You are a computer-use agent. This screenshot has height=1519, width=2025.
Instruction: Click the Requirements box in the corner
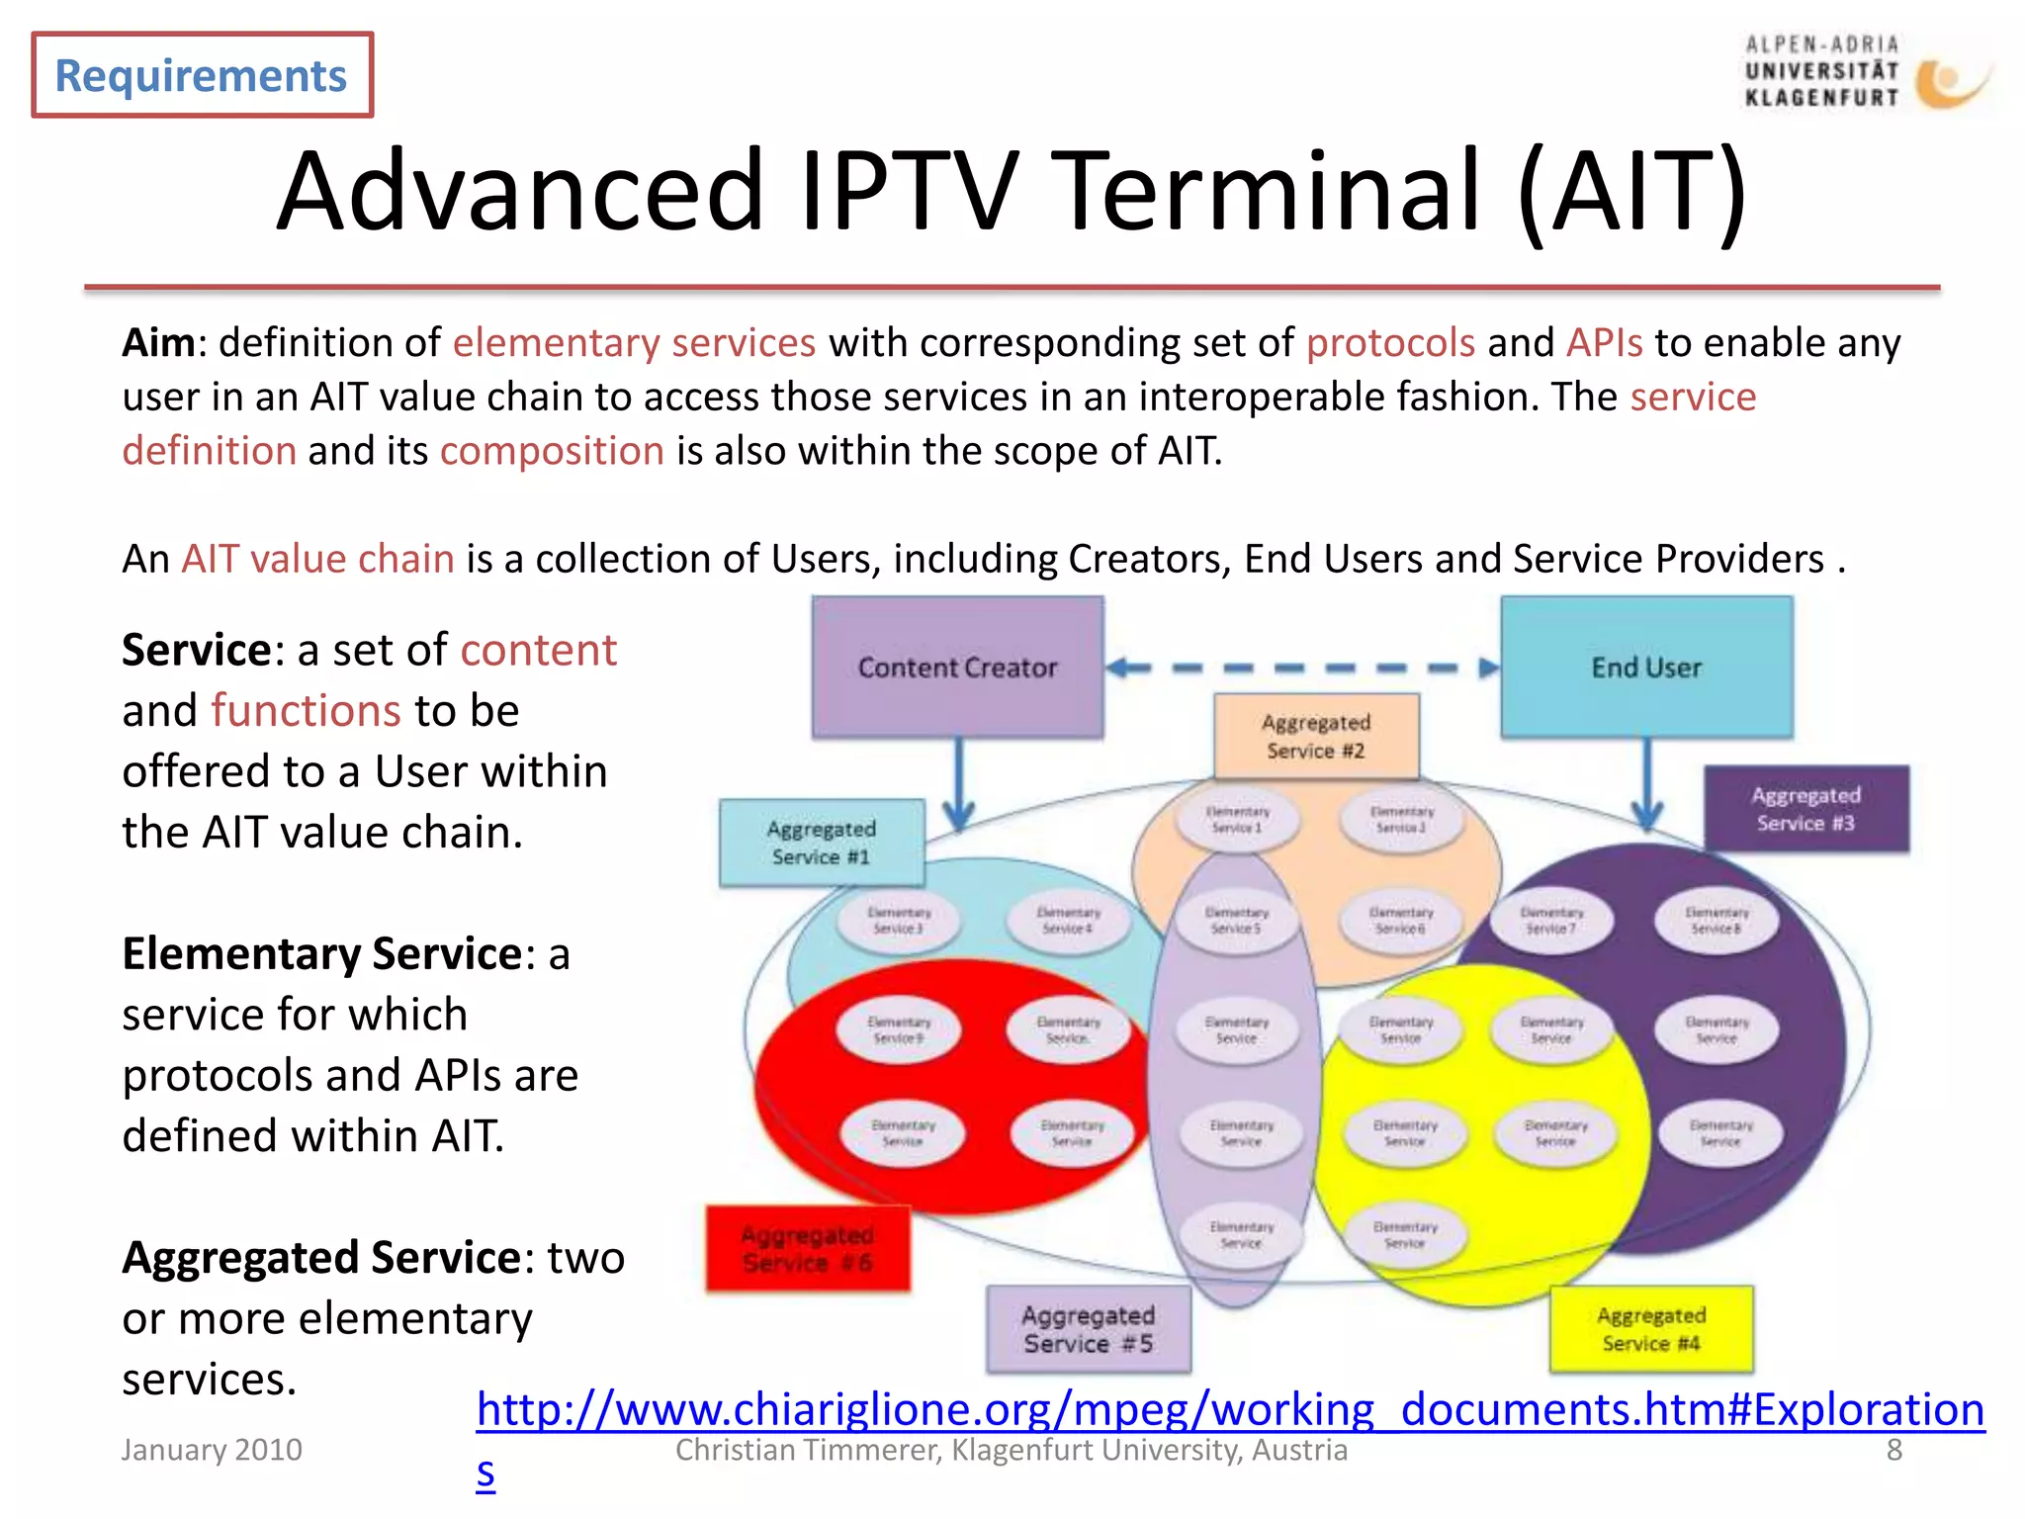click(202, 75)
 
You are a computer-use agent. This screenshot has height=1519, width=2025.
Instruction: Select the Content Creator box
click(957, 668)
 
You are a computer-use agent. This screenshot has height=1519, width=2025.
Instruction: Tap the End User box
click(1646, 668)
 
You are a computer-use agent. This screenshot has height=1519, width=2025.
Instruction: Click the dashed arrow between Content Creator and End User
click(1301, 669)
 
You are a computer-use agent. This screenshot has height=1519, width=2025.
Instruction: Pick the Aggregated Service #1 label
click(822, 843)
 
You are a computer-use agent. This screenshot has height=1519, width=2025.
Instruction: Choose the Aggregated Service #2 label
click(1316, 737)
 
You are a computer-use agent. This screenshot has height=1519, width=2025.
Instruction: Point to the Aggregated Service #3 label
click(1806, 809)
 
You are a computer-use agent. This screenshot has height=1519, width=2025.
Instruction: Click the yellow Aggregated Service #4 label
click(1651, 1329)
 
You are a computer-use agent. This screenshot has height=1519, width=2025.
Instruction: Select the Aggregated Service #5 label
click(1089, 1329)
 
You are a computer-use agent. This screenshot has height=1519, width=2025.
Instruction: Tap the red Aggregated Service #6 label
click(808, 1248)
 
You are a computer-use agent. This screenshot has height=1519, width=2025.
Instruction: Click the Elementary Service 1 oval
click(1237, 820)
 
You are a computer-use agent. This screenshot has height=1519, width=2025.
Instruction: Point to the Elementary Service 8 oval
click(1717, 921)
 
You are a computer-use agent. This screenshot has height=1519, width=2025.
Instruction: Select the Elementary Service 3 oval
click(899, 921)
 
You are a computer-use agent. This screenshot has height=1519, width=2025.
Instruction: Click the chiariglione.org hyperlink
click(1229, 1409)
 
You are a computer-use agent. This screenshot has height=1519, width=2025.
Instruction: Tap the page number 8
click(1893, 1450)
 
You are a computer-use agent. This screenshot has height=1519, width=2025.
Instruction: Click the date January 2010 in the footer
click(212, 1450)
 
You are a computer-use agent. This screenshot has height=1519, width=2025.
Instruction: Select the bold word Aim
click(158, 343)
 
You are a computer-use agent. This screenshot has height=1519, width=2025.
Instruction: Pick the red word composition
click(552, 451)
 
